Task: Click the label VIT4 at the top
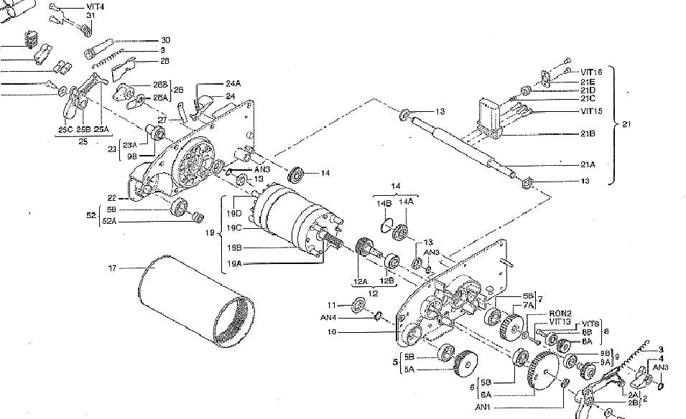pos(95,6)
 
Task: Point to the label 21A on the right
pos(588,164)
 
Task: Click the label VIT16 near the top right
pos(591,72)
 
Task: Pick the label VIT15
pos(591,111)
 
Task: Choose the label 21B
pos(588,133)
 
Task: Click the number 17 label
pos(112,269)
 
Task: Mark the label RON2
pos(560,314)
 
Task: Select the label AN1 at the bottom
pos(483,408)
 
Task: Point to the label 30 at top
pos(165,39)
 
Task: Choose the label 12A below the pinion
pos(361,281)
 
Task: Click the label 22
pos(111,198)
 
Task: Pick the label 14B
pos(384,204)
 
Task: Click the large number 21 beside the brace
pos(627,125)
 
